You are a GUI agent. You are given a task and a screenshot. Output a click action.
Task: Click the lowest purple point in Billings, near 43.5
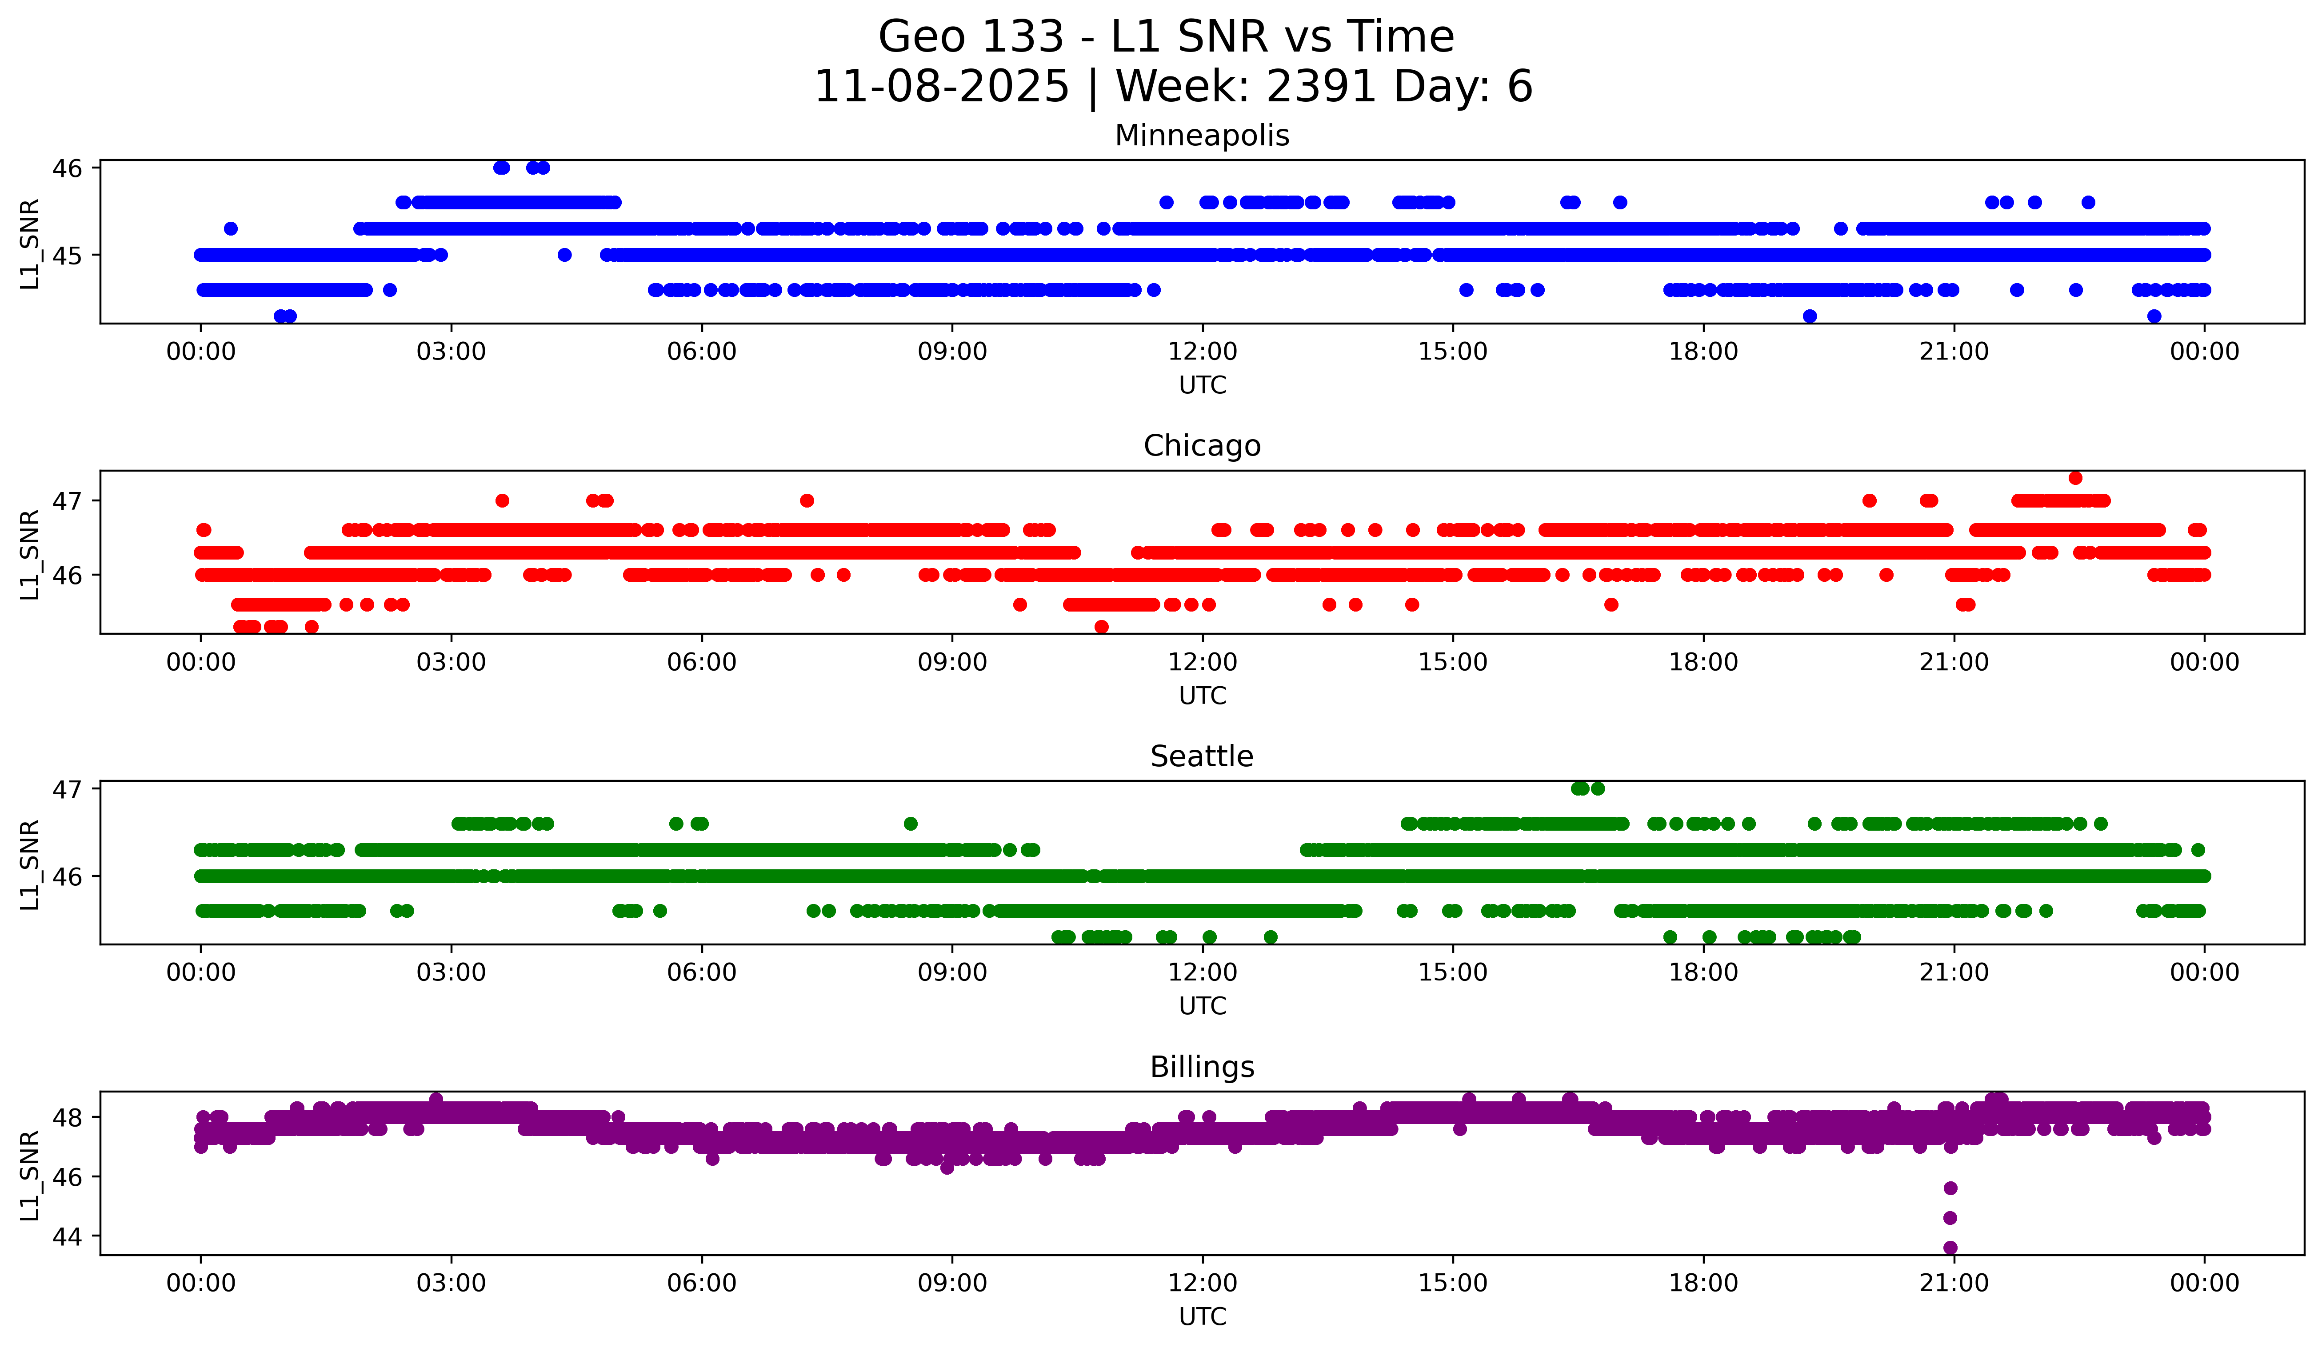[x=1950, y=1248]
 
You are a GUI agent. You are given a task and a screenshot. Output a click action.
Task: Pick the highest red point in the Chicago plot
[x=2075, y=477]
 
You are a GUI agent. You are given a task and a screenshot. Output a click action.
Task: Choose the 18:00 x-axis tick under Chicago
[x=1703, y=662]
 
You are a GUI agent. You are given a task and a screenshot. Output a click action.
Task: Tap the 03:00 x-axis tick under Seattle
[x=452, y=972]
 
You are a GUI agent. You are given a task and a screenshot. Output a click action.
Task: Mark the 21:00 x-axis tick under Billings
[x=1954, y=1283]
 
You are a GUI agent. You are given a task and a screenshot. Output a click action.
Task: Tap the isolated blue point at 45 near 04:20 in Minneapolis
[x=565, y=254]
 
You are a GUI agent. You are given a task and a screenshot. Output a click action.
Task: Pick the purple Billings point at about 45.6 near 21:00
[x=1950, y=1188]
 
